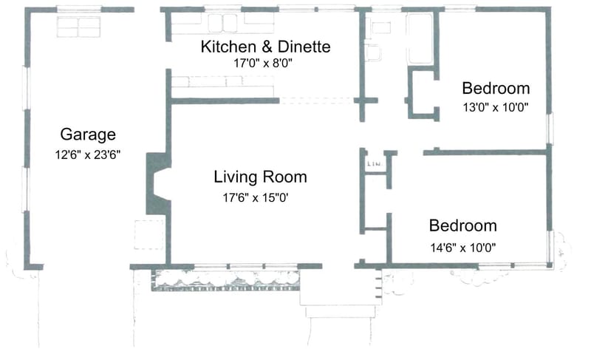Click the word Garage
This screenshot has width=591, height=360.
tap(88, 135)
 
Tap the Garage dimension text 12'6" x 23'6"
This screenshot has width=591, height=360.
tap(88, 154)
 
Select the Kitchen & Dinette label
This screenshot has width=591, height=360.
tap(265, 47)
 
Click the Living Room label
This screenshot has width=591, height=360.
tap(260, 177)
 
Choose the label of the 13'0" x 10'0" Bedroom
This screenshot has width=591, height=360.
tap(496, 87)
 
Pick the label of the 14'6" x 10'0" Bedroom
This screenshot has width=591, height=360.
tap(463, 225)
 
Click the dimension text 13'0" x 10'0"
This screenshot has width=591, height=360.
tap(496, 107)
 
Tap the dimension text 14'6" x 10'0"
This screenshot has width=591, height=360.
tap(463, 247)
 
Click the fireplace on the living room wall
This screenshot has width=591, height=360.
tap(157, 184)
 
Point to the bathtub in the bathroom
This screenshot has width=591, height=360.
tap(420, 38)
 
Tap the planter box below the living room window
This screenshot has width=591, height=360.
tap(226, 279)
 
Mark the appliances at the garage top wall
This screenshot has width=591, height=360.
tap(79, 27)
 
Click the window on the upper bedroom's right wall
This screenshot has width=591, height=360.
tap(548, 129)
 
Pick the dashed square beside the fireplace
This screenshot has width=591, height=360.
tap(144, 233)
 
